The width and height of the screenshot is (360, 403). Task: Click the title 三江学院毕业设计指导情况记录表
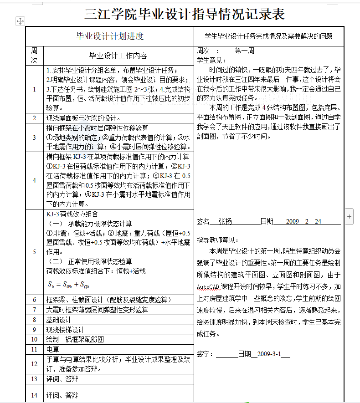pos(185,14)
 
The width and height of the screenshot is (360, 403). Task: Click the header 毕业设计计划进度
pos(110,36)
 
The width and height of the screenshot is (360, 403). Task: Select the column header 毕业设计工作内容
pos(118,56)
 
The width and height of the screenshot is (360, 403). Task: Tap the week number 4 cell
pos(34,180)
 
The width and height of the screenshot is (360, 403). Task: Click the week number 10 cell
pos(34,339)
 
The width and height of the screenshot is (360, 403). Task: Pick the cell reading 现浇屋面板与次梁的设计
pos(82,117)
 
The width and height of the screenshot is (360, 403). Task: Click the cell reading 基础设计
pos(59,320)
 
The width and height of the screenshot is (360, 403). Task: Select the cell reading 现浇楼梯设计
pos(66,329)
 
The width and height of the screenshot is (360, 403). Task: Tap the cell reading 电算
pos(53,349)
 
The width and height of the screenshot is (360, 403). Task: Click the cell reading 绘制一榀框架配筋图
pos(75,339)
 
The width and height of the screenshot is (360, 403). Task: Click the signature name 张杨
pos(225,221)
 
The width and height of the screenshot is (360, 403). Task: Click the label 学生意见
pos(211,60)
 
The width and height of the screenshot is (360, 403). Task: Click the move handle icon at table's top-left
pos(21,21)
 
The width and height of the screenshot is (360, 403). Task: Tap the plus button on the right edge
pos(350,217)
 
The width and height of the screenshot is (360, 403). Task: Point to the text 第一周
pos(244,51)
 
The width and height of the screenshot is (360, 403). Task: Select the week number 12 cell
pos(34,364)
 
